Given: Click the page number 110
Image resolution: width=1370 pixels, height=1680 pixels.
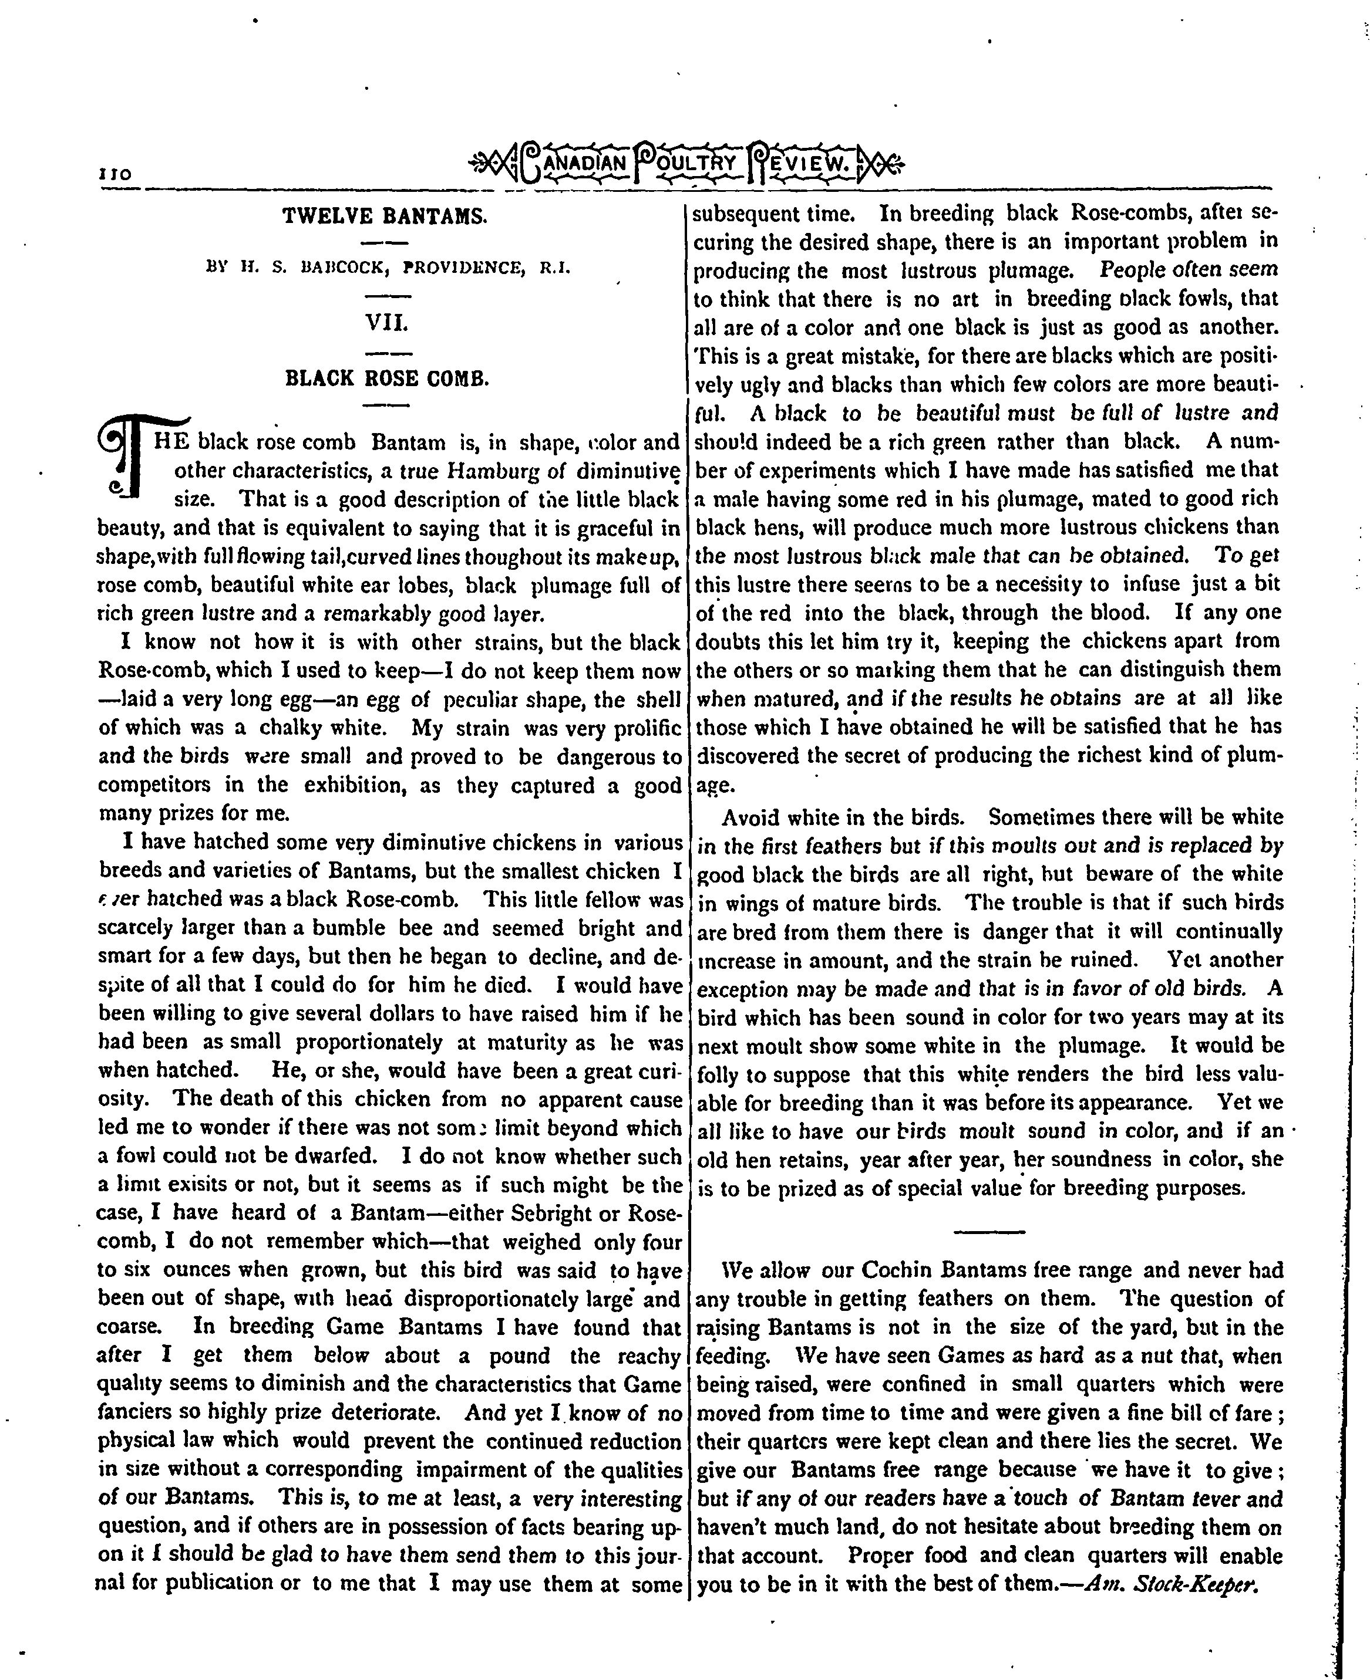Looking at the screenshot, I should pos(115,175).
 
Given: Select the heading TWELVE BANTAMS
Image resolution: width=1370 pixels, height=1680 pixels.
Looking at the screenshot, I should pos(385,215).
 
